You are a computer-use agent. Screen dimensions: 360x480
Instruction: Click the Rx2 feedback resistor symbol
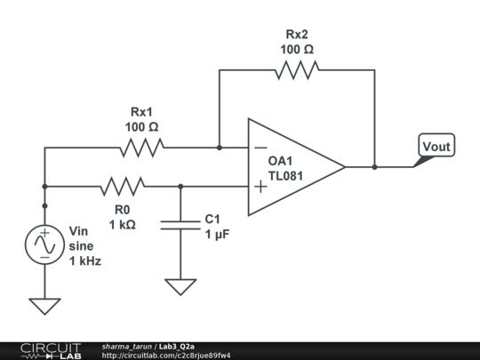(x=297, y=71)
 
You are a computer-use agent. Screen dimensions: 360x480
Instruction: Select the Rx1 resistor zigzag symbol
(x=142, y=148)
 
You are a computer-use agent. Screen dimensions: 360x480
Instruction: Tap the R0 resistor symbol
(x=123, y=186)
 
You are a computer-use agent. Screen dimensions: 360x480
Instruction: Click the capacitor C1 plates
(x=180, y=224)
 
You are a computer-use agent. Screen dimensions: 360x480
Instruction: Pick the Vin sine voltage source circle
(x=44, y=244)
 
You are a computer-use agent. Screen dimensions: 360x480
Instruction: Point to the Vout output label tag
(x=436, y=147)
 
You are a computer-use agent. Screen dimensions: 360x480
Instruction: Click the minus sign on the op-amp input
(x=260, y=148)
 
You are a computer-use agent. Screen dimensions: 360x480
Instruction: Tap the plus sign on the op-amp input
(x=260, y=186)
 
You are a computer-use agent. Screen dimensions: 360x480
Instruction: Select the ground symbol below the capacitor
(x=180, y=286)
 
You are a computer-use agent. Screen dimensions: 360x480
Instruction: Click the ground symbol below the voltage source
(x=44, y=305)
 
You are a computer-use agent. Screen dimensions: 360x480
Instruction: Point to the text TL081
(x=285, y=176)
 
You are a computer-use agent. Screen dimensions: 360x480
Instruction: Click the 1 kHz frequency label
(x=85, y=261)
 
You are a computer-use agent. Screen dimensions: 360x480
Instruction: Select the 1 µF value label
(x=219, y=234)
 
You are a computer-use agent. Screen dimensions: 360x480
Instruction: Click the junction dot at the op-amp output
(x=374, y=166)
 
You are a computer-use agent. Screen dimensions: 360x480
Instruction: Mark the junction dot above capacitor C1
(x=180, y=186)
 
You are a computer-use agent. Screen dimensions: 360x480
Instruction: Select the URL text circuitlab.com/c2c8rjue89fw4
(x=166, y=356)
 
